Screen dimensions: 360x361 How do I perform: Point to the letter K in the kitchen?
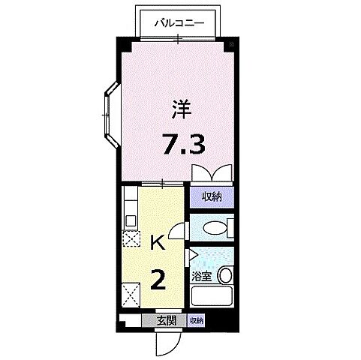pyautogui.click(x=158, y=242)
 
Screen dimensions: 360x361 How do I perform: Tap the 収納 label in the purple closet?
pyautogui.click(x=211, y=197)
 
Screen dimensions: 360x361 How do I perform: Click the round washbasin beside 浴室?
pyautogui.click(x=224, y=275)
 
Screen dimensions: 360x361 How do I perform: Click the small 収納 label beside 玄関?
pyautogui.click(x=196, y=320)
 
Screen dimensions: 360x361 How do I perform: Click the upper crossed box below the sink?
pyautogui.click(x=131, y=239)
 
